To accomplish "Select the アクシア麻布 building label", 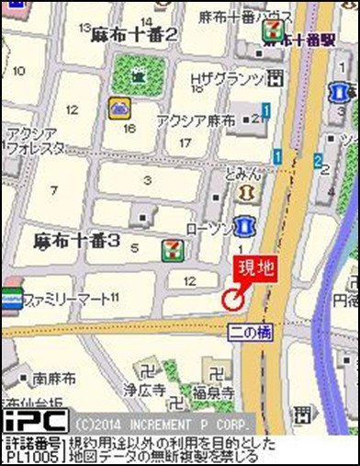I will [x=196, y=119].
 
